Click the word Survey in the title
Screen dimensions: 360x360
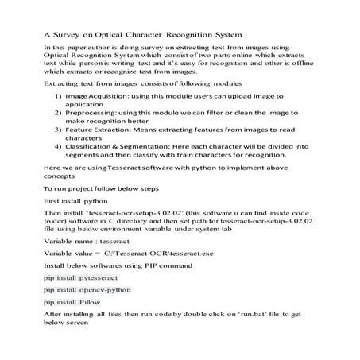click(x=70, y=34)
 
